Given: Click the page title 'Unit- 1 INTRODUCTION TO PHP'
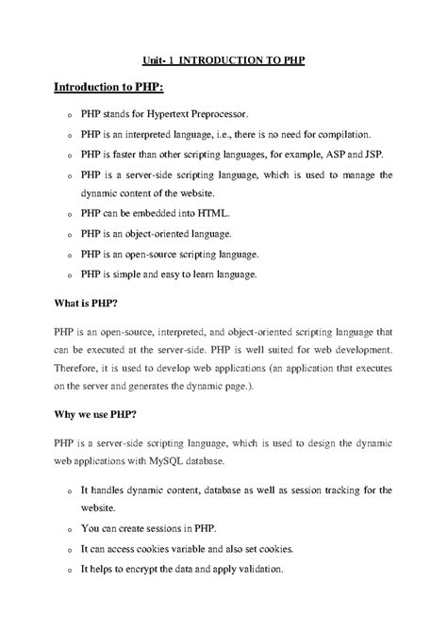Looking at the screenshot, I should click(x=223, y=59).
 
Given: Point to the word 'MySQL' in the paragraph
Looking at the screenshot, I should click(x=184, y=464).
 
